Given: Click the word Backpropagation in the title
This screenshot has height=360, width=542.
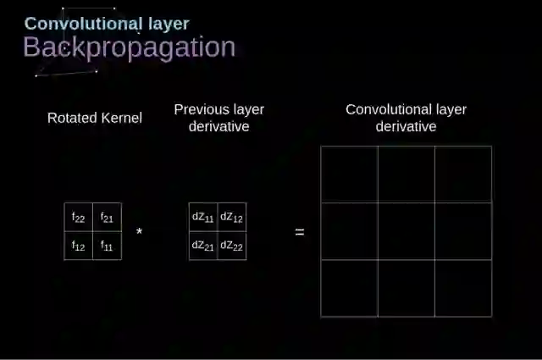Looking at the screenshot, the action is pos(129,47).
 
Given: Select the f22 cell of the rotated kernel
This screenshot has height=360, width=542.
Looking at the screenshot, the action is pos(78,218).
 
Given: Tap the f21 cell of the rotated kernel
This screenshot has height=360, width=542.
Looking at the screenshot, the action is pos(107,218).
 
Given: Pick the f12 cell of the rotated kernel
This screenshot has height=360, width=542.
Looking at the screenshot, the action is pos(78,246).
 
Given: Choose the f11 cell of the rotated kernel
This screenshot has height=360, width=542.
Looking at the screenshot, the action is pos(107,246).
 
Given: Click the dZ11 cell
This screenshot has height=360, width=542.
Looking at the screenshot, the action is pos(203,217).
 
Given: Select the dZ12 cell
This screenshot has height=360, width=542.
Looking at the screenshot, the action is pos(232,217).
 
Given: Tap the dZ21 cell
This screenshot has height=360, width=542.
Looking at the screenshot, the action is pos(203,246).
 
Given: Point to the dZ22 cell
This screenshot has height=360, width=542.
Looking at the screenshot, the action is pos(232,246).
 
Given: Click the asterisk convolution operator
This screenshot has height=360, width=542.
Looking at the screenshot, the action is pos(139,232).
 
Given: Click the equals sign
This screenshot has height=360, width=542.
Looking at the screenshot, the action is pos(299,231).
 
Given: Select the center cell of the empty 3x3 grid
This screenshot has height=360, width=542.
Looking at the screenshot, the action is pos(406,231).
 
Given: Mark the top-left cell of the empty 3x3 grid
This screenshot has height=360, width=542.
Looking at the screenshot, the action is pos(349,174).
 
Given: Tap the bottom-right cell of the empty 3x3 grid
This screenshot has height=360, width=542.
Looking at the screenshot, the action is pos(463,288).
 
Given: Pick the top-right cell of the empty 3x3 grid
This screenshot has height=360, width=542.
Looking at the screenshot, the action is pos(463,174).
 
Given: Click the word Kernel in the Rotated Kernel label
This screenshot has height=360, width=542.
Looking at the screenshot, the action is pos(121,118).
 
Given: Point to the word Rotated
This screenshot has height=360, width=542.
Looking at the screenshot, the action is pos(71,118).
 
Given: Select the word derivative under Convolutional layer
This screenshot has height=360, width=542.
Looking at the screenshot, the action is pos(406,126).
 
